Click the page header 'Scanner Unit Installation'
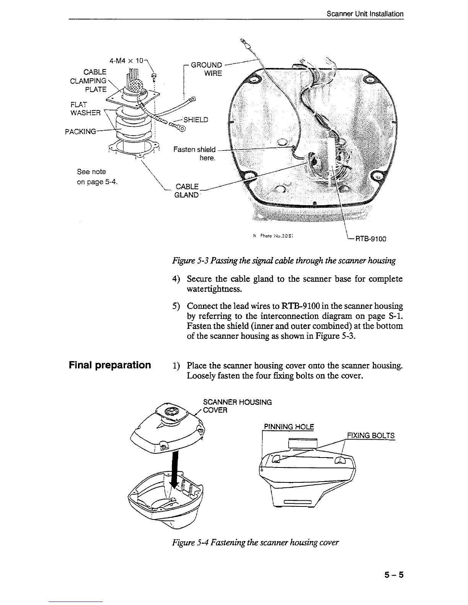[x=365, y=14]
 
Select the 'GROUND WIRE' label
[x=206, y=69]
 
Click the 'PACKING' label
[x=80, y=132]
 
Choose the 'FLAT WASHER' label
[x=85, y=108]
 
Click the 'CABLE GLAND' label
[x=187, y=191]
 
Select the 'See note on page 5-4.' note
[x=97, y=177]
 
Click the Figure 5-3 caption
[x=284, y=261]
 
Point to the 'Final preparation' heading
[x=110, y=365]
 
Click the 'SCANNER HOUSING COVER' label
[x=237, y=406]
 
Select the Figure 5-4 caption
[x=255, y=542]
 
